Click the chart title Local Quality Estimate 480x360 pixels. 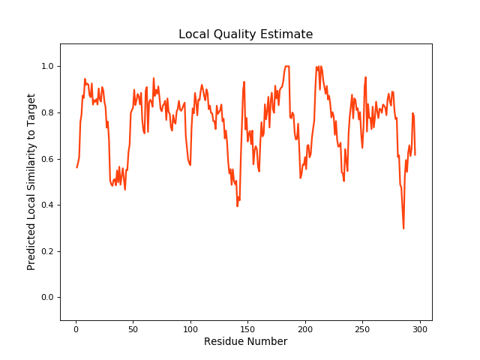click(x=245, y=34)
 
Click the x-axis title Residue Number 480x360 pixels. click(x=245, y=342)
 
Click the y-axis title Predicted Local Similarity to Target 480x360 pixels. click(x=31, y=181)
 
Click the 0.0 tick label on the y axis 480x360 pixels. click(x=49, y=298)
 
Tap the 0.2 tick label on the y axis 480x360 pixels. click(x=49, y=251)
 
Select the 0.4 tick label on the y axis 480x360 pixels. click(x=49, y=205)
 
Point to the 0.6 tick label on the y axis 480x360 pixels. click(x=49, y=159)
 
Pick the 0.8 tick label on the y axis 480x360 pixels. click(x=49, y=112)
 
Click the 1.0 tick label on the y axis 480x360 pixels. click(x=49, y=67)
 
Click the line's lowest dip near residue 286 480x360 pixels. click(x=403, y=228)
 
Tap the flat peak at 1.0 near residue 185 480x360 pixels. click(x=287, y=66)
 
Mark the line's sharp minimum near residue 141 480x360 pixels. click(x=237, y=205)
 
